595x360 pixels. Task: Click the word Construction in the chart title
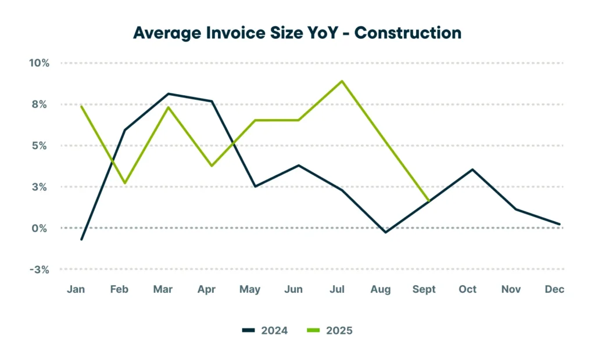coord(408,33)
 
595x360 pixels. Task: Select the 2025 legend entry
coord(329,330)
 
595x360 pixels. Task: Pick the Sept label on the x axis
coord(424,290)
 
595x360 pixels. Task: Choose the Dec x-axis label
coord(555,290)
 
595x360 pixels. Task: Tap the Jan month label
coord(76,290)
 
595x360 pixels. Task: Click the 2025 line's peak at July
coord(342,81)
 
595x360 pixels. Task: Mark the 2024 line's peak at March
coord(168,93)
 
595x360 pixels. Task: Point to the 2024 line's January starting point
coord(81,239)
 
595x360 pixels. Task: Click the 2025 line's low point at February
coord(124,183)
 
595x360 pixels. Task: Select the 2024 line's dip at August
coord(385,232)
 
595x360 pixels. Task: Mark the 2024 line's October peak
coord(472,170)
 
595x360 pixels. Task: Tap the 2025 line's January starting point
coord(81,106)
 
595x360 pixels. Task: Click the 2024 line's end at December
coord(559,224)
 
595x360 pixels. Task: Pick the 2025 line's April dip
coord(212,166)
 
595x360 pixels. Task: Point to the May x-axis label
coord(250,290)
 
